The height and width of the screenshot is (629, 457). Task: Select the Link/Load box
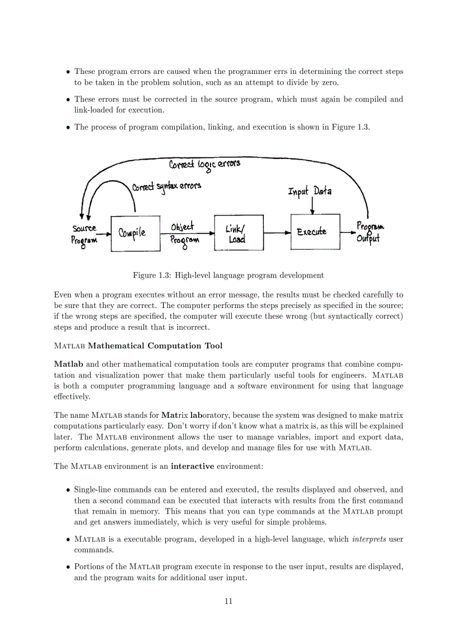click(239, 233)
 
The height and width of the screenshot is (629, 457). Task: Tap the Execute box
click(315, 231)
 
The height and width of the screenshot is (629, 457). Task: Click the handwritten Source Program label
click(84, 234)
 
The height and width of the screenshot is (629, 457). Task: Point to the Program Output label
click(370, 232)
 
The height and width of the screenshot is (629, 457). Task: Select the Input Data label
click(310, 192)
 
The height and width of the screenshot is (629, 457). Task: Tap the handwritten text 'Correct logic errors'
click(204, 164)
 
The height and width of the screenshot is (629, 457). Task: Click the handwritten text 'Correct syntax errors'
click(166, 185)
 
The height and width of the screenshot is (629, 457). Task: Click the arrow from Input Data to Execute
click(312, 206)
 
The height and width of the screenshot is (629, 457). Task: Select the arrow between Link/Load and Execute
click(277, 232)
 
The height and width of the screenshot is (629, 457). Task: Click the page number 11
click(228, 602)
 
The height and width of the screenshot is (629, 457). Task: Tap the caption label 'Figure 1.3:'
click(152, 275)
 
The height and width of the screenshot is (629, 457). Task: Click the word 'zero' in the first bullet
click(328, 82)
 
